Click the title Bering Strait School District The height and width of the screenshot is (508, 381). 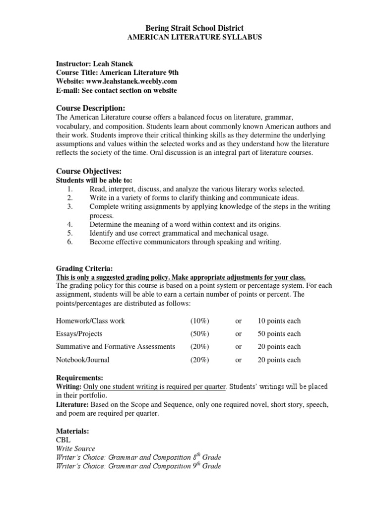(190, 29)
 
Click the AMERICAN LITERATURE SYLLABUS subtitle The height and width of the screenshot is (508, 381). (190, 38)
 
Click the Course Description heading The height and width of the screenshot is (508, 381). (90, 108)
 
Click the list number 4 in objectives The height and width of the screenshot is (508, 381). (70, 224)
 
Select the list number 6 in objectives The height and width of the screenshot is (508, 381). (70, 242)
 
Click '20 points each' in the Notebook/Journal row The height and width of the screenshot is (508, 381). (279, 360)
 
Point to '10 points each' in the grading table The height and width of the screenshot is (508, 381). (279, 321)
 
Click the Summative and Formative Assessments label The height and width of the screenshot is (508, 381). (115, 347)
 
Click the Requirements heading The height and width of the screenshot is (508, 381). (79, 378)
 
